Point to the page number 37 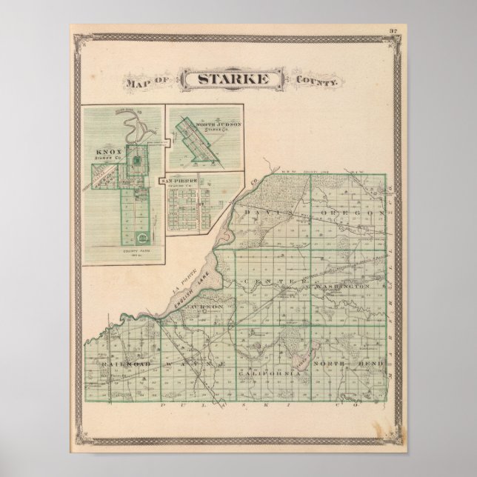393,30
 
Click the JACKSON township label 204,305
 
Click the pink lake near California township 303,361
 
